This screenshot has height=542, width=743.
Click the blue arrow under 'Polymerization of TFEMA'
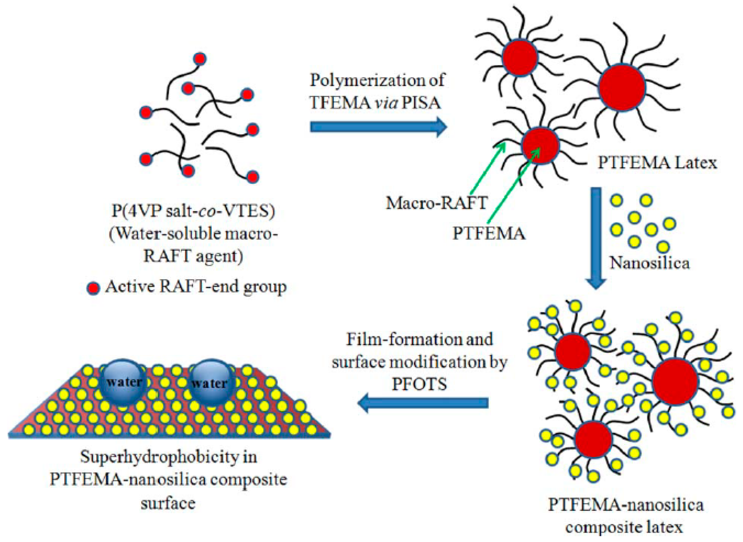click(377, 127)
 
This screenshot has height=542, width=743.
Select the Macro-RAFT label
click(436, 203)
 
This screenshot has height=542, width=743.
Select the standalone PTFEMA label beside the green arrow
click(489, 234)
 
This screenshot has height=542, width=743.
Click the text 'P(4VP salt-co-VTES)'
click(193, 211)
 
